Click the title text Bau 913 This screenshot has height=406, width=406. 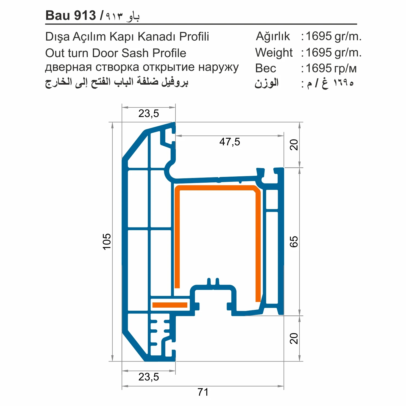coord(71,16)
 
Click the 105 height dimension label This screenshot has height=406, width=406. coord(107,241)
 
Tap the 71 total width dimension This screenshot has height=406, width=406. coord(203,392)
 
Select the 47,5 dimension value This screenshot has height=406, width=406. coord(230,142)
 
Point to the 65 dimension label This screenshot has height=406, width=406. coord(294,241)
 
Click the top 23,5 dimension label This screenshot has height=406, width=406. coord(149,113)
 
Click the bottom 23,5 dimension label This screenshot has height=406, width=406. coord(149,377)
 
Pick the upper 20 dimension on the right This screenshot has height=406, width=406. coord(294,145)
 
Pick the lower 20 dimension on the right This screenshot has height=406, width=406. coord(294,338)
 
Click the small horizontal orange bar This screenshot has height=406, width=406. coord(170,305)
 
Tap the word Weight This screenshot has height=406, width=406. coord(274,52)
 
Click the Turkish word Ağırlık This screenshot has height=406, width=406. coord(273,36)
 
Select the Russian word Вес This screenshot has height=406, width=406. coord(266,68)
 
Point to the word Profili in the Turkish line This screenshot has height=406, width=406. coord(194,37)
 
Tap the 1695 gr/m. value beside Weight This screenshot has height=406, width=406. coord(333,52)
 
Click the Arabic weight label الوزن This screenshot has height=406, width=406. coord(266,83)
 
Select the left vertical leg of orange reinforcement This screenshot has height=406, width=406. coord(177,238)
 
